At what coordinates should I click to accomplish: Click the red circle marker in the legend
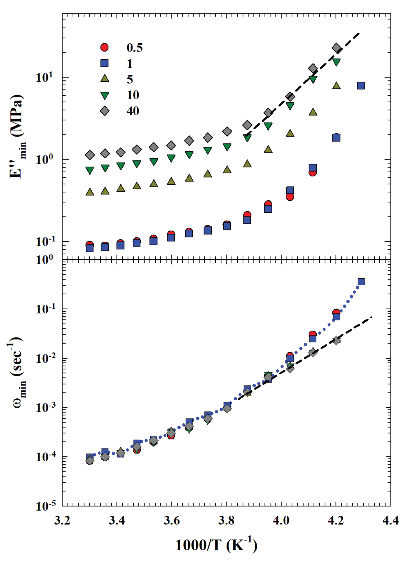click(104, 47)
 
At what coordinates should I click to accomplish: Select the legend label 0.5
click(135, 48)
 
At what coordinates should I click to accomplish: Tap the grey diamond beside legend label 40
click(104, 111)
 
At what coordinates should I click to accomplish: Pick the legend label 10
click(133, 95)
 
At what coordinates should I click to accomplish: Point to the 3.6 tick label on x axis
click(171, 520)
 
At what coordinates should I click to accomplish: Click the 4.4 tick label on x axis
click(390, 520)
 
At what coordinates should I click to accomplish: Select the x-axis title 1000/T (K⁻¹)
click(216, 545)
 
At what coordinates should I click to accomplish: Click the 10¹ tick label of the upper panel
click(44, 77)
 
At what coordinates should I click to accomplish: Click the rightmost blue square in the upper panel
click(361, 86)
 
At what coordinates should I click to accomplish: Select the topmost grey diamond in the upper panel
click(336, 48)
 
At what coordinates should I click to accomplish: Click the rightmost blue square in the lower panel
click(361, 282)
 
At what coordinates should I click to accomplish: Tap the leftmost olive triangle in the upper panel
click(90, 192)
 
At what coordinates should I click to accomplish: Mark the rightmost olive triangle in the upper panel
click(336, 86)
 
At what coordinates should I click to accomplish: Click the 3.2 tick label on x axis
click(62, 520)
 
